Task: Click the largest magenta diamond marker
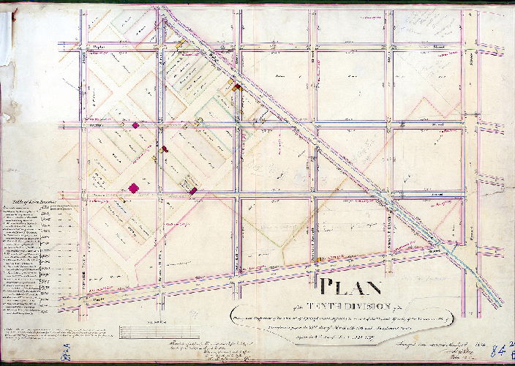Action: coord(133,188)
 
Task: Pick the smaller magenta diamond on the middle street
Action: coord(135,125)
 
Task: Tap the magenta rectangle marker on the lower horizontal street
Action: coord(192,191)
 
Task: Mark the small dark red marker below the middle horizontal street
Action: coord(164,149)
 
